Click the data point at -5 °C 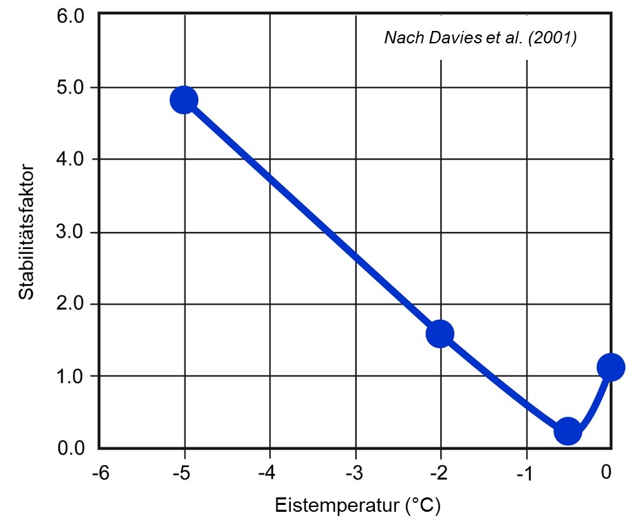[x=184, y=100]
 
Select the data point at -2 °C [x=439, y=334]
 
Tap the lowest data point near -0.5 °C [x=567, y=431]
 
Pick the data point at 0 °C [x=610, y=367]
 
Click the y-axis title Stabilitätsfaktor [x=26, y=231]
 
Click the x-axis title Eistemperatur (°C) [x=358, y=506]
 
